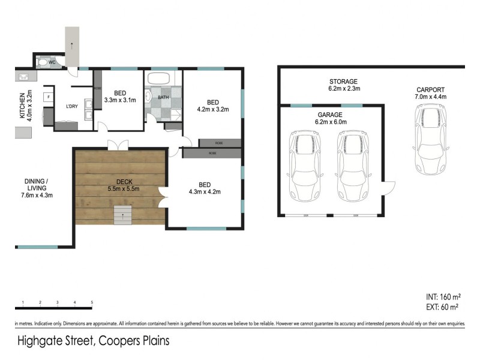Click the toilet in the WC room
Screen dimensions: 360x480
[x=43, y=61]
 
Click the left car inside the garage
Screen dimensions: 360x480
[x=305, y=166]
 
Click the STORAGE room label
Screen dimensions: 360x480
[x=343, y=82]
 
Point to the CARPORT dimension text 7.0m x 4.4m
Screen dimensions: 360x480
[x=431, y=97]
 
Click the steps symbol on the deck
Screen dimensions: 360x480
[x=122, y=215]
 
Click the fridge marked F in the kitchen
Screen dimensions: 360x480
[x=46, y=97]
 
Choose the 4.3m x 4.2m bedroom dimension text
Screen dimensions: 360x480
[x=205, y=192]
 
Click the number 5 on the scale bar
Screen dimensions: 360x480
[x=92, y=302]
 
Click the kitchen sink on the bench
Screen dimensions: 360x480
[x=25, y=77]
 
